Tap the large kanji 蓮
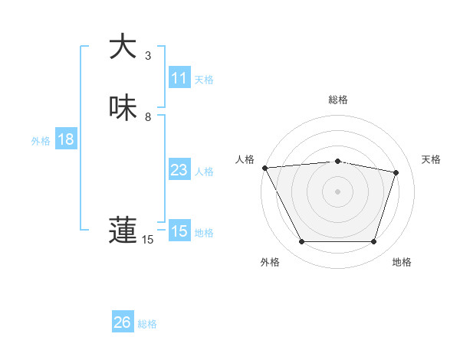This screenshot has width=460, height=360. (x=123, y=230)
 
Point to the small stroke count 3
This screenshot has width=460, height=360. (x=148, y=56)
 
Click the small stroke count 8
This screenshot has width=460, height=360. (x=148, y=117)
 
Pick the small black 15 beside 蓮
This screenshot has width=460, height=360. (x=148, y=240)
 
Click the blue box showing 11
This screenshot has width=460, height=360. (x=179, y=78)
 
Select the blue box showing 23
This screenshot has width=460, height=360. (x=179, y=170)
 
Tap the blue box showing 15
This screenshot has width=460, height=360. (x=179, y=231)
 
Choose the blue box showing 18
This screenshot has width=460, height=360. (x=65, y=139)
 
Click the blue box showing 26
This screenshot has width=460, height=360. (x=123, y=322)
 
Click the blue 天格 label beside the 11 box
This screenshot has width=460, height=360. (x=204, y=80)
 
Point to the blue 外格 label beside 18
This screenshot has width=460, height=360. (x=41, y=141)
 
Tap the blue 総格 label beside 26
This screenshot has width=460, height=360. (x=147, y=324)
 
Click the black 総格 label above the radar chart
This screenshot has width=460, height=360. (x=338, y=100)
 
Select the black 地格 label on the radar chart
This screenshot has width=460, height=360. (x=402, y=262)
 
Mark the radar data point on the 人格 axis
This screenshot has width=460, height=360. (x=264, y=167)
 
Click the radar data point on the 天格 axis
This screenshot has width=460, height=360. (x=396, y=172)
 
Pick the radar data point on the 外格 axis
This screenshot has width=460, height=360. (x=301, y=242)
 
